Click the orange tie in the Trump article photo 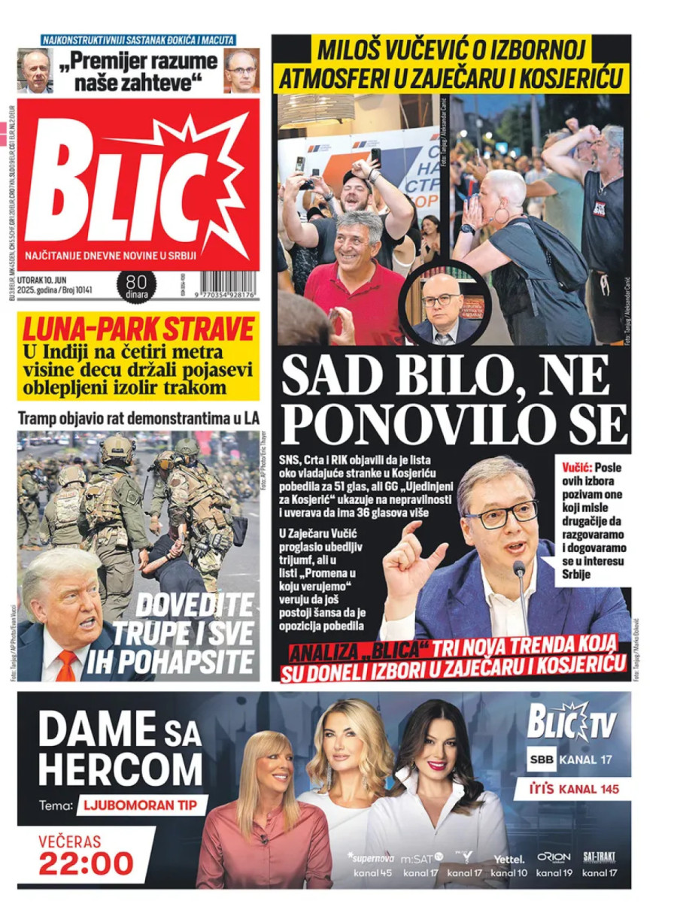(x=66, y=665)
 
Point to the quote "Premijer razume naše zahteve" (x=138, y=70)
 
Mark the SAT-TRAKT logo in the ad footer (x=600, y=858)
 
